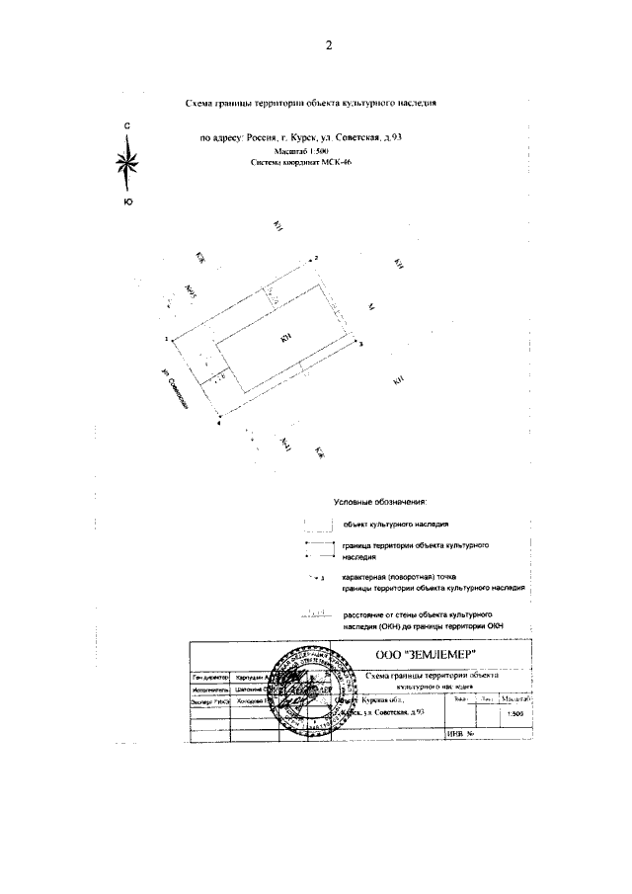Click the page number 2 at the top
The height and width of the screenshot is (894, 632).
[x=329, y=44]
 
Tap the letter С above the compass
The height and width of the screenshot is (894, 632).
[x=126, y=127]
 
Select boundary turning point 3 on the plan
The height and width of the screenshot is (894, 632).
[x=357, y=342]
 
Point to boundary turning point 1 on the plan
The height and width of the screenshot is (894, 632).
[x=170, y=339]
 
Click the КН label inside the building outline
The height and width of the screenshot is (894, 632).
[x=284, y=339]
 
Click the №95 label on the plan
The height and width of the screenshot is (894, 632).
[x=191, y=293]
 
